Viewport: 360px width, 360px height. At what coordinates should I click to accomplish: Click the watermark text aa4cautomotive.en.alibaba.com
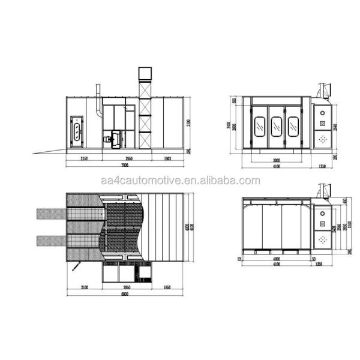pos(180,181)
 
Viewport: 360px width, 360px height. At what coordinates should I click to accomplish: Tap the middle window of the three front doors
pos(276,125)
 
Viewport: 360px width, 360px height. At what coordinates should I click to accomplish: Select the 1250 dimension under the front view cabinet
pos(322,166)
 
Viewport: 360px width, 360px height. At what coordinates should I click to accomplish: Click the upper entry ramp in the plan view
pos(52,213)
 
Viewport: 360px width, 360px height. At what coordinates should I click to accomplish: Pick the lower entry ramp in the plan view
pos(52,241)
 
